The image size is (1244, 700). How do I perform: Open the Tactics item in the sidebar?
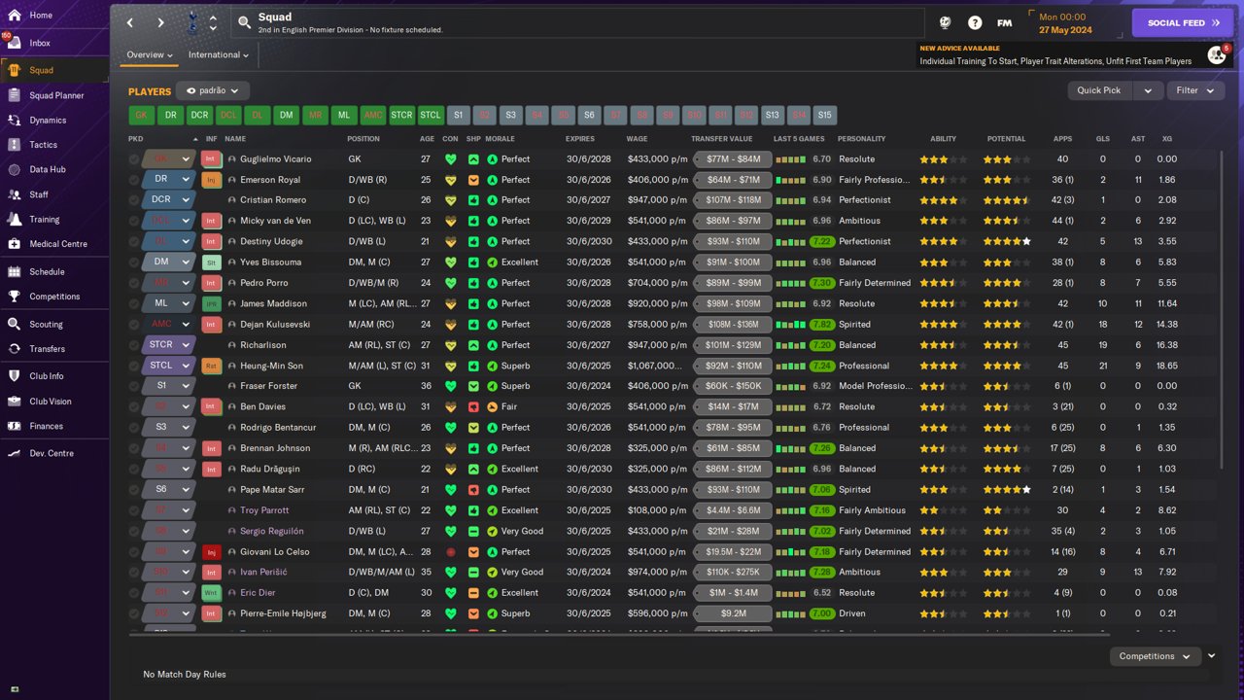click(x=43, y=145)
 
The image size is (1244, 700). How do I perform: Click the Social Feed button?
click(x=1182, y=22)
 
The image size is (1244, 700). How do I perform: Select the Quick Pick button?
click(x=1099, y=90)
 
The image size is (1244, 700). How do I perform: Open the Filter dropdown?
click(x=1194, y=90)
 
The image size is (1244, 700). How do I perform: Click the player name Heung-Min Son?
click(x=271, y=366)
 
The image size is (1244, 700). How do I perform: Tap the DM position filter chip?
click(x=286, y=115)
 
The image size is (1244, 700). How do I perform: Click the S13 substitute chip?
click(x=772, y=115)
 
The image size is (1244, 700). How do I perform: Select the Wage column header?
click(x=637, y=139)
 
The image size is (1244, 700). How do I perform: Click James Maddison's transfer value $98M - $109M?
click(x=733, y=303)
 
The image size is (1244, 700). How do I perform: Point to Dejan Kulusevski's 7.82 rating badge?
click(x=821, y=325)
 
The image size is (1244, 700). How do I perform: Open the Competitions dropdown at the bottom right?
click(x=1154, y=656)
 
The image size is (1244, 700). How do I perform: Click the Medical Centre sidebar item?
click(x=57, y=244)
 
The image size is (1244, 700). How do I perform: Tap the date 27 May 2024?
click(x=1065, y=30)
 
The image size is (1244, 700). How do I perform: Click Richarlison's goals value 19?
click(x=1103, y=345)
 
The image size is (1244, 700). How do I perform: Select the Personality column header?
click(x=861, y=139)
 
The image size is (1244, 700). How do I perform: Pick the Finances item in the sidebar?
click(x=46, y=426)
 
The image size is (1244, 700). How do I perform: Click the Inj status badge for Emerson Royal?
click(x=211, y=180)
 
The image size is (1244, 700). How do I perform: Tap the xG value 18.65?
click(x=1167, y=366)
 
